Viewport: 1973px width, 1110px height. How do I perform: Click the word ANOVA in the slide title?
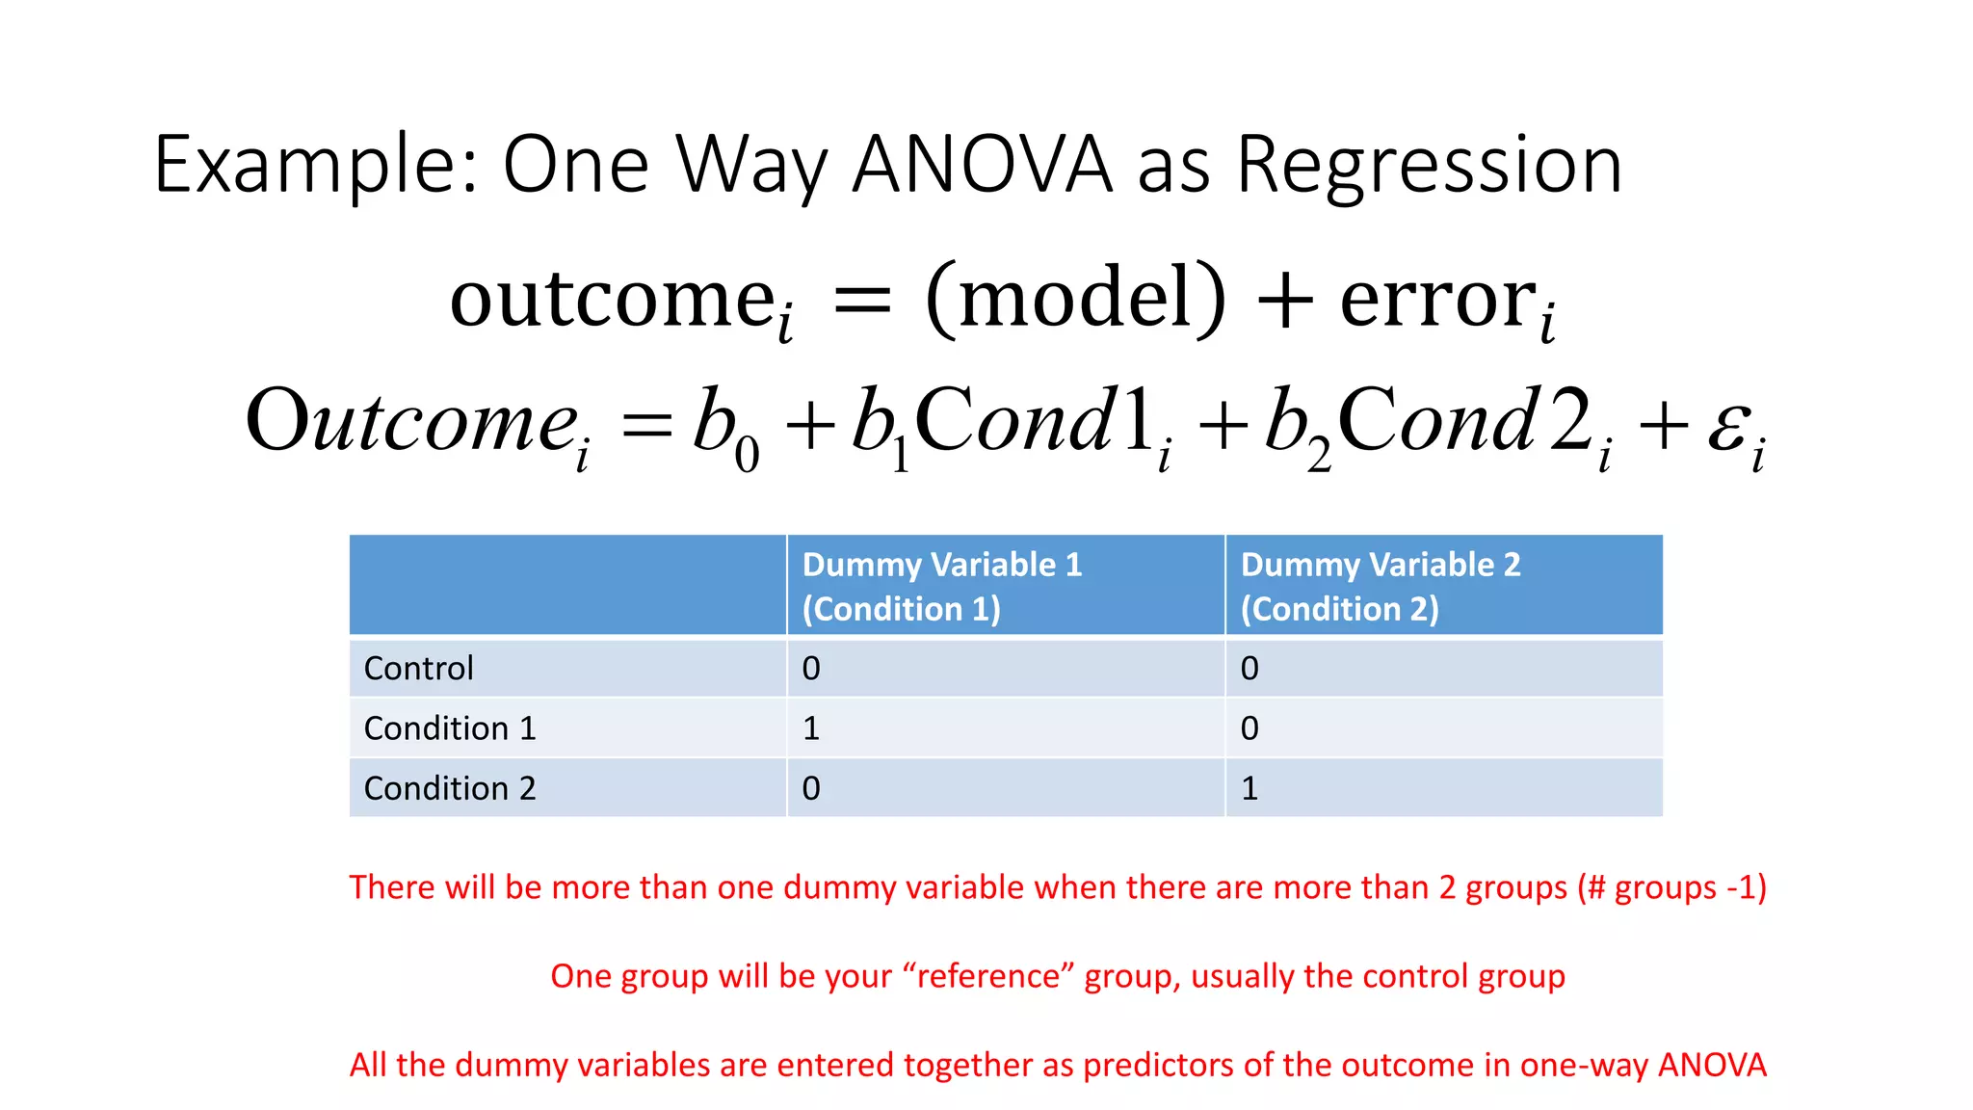(x=983, y=165)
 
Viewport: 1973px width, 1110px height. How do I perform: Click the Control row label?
(x=419, y=668)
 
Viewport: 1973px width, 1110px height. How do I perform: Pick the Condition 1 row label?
(x=450, y=728)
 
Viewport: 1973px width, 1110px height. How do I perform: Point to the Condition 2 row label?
(x=450, y=788)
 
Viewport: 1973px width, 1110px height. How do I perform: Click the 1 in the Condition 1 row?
(x=811, y=728)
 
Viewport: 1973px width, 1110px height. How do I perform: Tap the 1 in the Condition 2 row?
(x=1250, y=788)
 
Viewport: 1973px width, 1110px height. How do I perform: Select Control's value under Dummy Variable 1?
(x=811, y=668)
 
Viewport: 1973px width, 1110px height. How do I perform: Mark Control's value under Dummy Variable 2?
(x=1250, y=668)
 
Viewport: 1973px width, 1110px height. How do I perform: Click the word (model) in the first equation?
(x=1075, y=299)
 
